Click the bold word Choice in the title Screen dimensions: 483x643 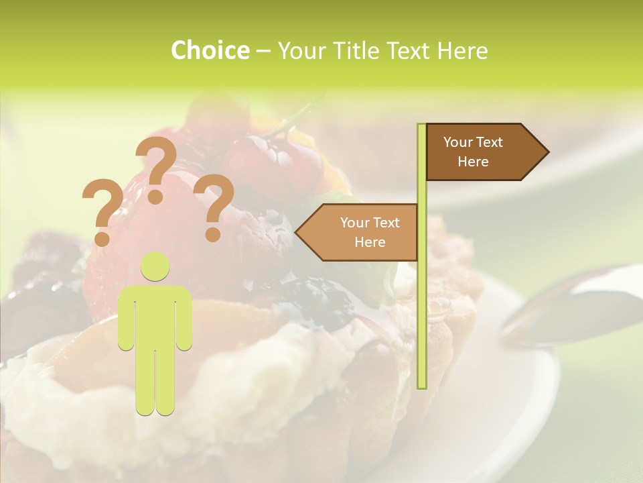(x=210, y=50)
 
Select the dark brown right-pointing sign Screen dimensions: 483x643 (x=479, y=152)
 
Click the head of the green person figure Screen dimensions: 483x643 (x=155, y=267)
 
